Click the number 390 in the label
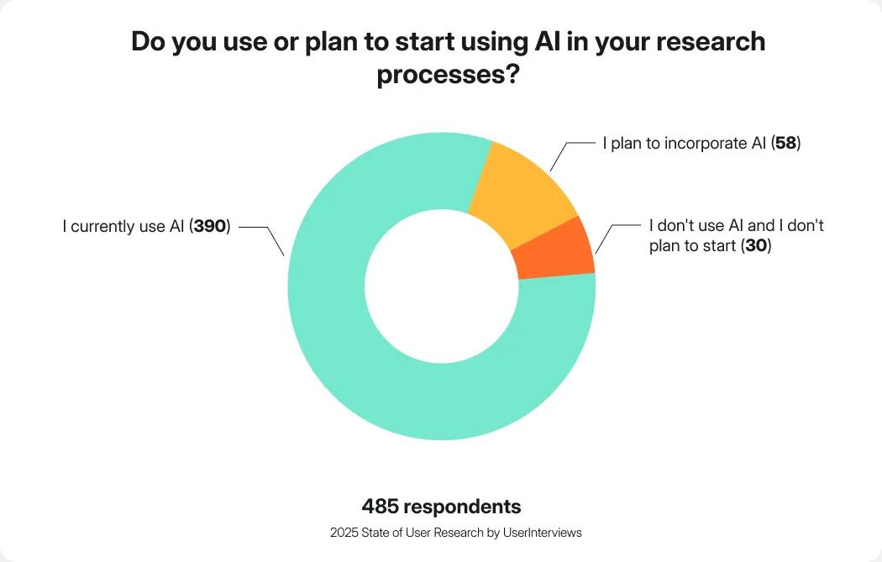[210, 226]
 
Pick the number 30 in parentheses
[756, 246]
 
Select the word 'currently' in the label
[104, 226]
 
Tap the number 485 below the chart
[380, 507]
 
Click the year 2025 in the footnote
[343, 533]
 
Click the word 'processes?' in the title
[447, 75]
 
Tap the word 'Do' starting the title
[149, 42]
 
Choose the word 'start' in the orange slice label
[718, 246]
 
